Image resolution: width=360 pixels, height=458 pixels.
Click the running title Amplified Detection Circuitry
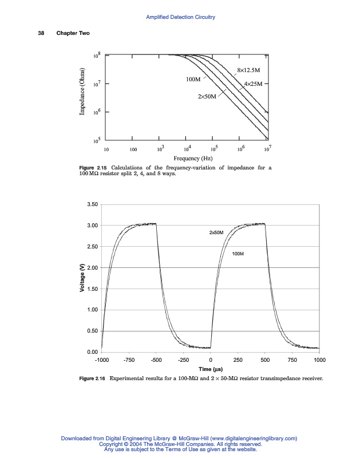[180, 17]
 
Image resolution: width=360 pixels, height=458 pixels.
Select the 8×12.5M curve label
[248, 70]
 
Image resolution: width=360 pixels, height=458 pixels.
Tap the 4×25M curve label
[252, 84]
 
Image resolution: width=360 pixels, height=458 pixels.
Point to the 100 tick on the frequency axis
[133, 149]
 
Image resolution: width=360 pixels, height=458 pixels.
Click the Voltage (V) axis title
[82, 278]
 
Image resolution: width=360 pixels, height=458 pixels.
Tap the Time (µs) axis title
[211, 369]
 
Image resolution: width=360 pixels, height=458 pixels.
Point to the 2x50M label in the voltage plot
[216, 233]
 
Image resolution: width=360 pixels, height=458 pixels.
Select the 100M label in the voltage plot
[239, 253]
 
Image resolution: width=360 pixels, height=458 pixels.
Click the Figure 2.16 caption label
[92, 378]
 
